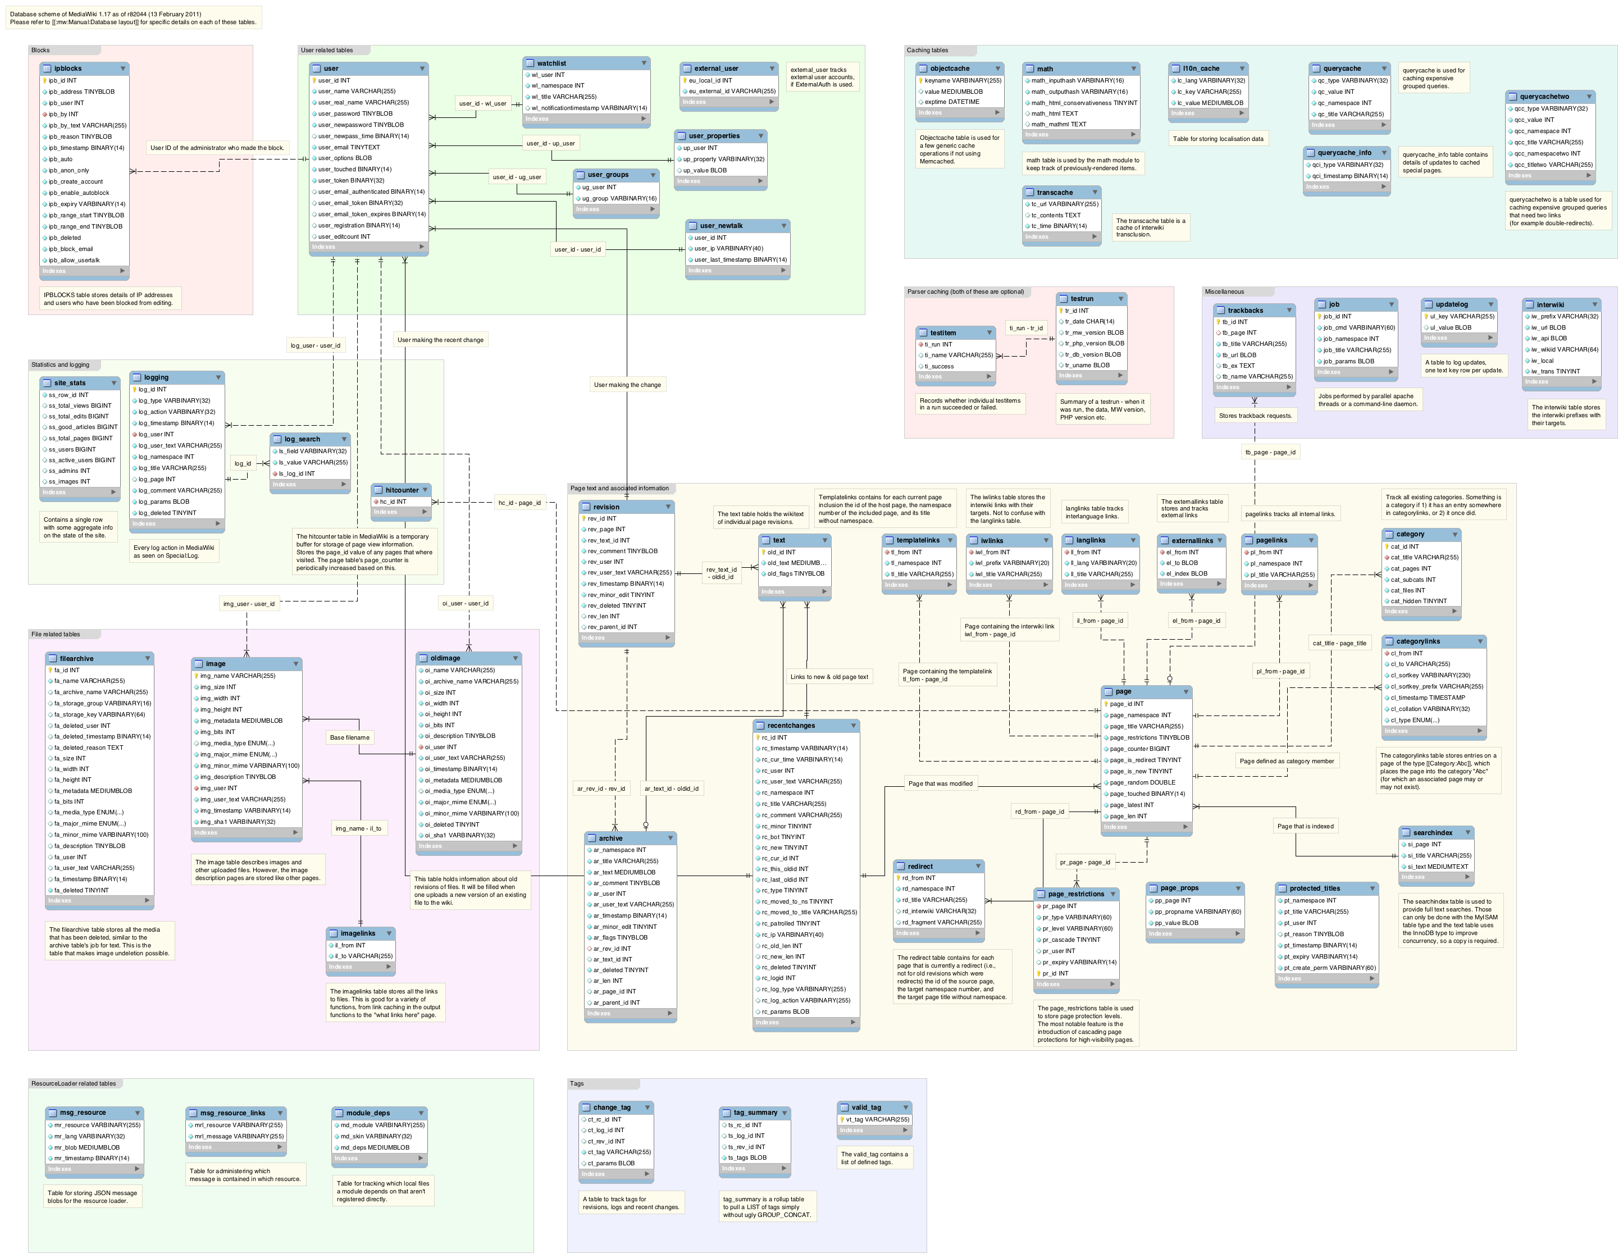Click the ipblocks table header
click(x=83, y=69)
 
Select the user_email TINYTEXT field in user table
click(x=349, y=147)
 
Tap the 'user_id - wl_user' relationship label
click(x=482, y=103)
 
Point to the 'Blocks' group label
click(x=41, y=51)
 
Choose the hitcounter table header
click(x=402, y=490)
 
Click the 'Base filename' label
click(x=349, y=738)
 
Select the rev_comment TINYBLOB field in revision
click(x=622, y=551)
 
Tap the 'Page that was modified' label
click(x=940, y=783)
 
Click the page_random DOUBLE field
click(x=1142, y=782)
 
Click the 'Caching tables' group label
click(x=927, y=51)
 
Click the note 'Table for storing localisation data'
click(x=1218, y=139)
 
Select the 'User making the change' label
click(x=627, y=385)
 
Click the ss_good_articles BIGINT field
click(x=83, y=427)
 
